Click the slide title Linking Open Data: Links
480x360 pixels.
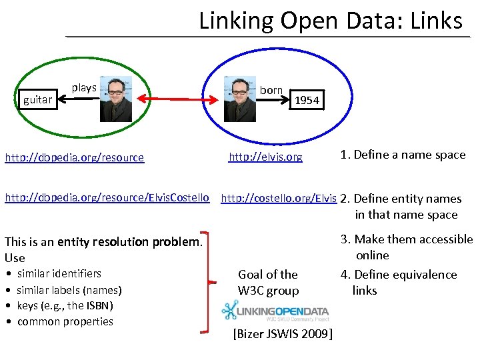pyautogui.click(x=331, y=21)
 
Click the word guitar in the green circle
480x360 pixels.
pyautogui.click(x=37, y=100)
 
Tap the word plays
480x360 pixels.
pyautogui.click(x=84, y=88)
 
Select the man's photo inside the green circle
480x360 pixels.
pyautogui.click(x=116, y=99)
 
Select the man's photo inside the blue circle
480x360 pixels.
pyautogui.click(x=239, y=99)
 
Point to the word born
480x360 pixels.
pyautogui.click(x=271, y=90)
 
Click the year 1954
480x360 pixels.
pyautogui.click(x=307, y=101)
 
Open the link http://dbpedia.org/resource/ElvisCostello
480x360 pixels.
pyautogui.click(x=107, y=198)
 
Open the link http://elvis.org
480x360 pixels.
pyautogui.click(x=265, y=157)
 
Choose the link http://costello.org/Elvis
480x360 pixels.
pyautogui.click(x=279, y=198)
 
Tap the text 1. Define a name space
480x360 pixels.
pyautogui.click(x=403, y=155)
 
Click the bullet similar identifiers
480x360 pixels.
pyautogui.click(x=59, y=273)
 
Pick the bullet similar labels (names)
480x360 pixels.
pyautogui.click(x=69, y=290)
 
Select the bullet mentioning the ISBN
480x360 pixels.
pyautogui.click(x=65, y=305)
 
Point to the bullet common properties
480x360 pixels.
pyautogui.click(x=65, y=321)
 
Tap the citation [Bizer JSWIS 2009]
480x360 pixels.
pyautogui.click(x=283, y=333)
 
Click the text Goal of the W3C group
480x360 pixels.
pyautogui.click(x=268, y=282)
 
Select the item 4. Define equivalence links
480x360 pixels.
pyautogui.click(x=399, y=282)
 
